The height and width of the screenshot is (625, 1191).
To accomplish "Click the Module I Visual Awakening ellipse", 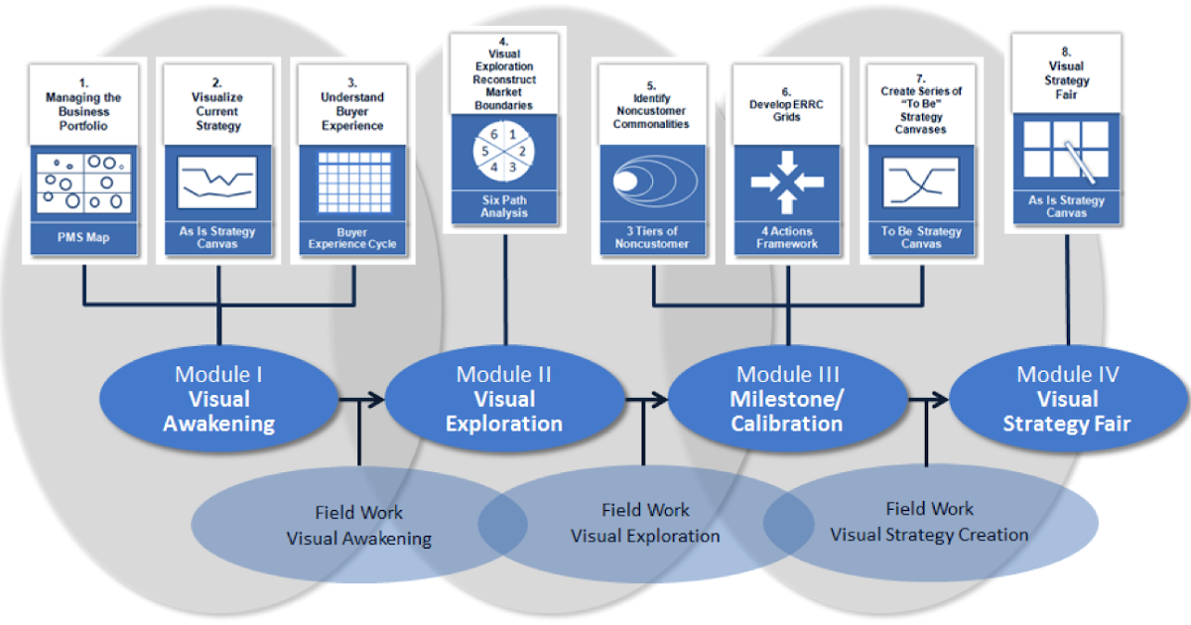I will [218, 399].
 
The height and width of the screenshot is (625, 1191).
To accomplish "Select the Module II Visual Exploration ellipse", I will [503, 399].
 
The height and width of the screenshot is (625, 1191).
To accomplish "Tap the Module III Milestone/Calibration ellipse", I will [787, 399].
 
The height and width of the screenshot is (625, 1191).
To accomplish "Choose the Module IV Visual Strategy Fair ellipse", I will [1067, 399].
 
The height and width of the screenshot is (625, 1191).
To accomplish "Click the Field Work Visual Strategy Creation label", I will [929, 522].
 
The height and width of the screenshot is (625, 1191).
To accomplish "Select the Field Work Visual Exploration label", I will [645, 523].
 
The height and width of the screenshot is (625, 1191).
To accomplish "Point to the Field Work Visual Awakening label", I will [359, 526].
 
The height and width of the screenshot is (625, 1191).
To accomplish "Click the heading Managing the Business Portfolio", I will [83, 111].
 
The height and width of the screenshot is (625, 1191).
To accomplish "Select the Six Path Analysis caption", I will [504, 206].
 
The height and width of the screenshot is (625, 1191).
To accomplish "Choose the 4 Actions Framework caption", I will [787, 237].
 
